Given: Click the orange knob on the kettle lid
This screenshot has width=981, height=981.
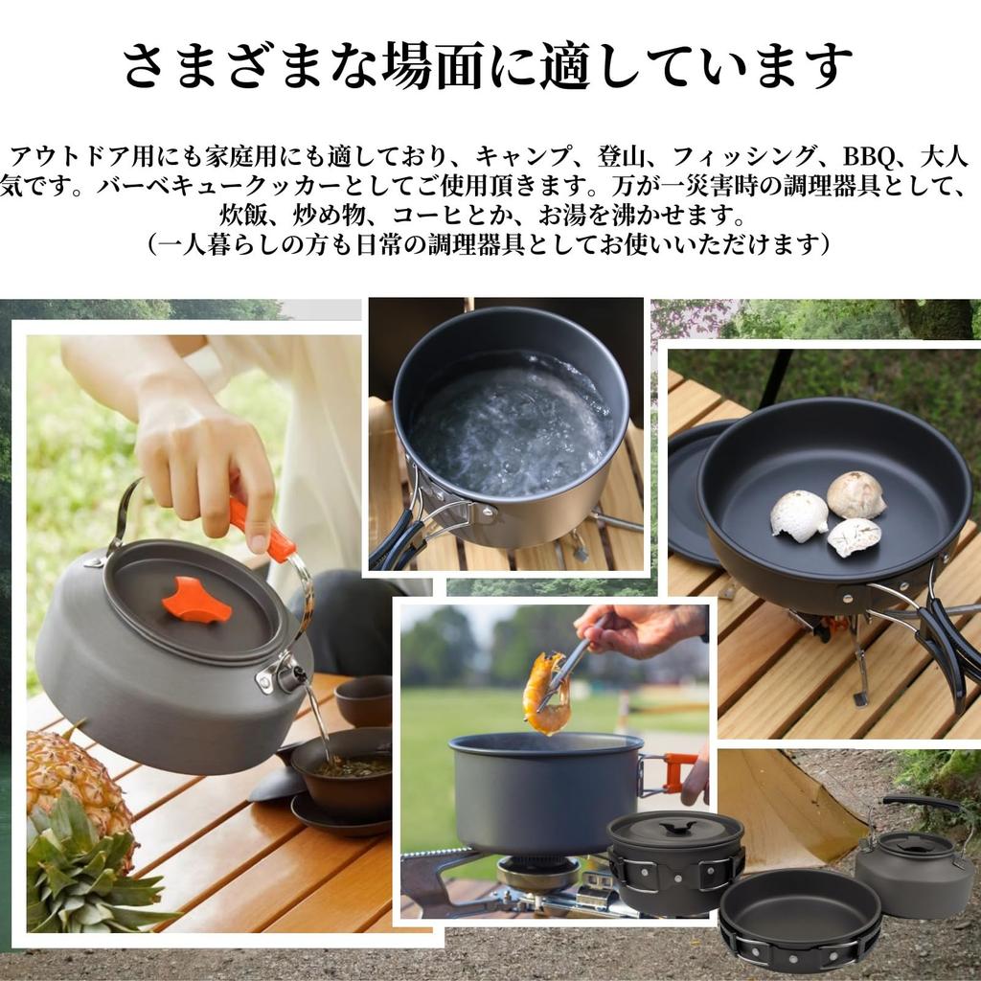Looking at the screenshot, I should [x=196, y=601].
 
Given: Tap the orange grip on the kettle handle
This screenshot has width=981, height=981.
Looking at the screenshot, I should [x=261, y=530].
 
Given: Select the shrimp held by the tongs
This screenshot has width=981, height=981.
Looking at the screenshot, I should [x=547, y=693].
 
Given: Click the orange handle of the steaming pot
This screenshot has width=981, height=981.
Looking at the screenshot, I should [x=679, y=771].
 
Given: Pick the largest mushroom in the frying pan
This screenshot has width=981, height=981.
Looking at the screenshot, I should [x=856, y=494].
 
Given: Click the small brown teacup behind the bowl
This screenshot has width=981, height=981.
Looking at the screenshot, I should [x=364, y=700].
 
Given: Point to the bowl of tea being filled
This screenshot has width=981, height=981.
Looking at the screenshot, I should [x=342, y=766].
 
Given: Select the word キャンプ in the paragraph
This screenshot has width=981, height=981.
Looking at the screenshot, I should [x=515, y=157].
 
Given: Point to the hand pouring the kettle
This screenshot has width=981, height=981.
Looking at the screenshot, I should [x=201, y=460].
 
